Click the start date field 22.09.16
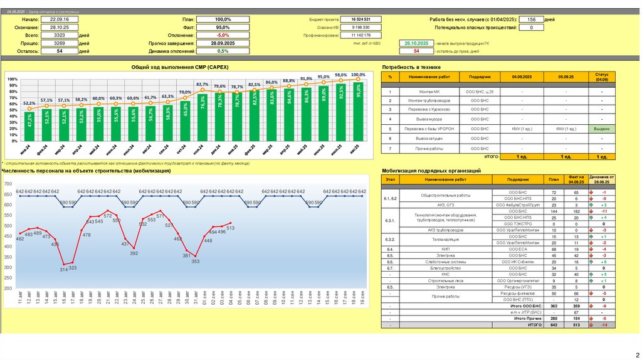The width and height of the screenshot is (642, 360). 58,19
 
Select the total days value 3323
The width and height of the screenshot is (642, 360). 58,35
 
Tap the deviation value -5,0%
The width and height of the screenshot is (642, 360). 223,35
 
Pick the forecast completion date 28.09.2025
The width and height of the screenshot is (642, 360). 223,43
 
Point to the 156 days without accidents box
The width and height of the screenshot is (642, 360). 530,19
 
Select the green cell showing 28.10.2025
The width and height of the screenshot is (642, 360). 416,43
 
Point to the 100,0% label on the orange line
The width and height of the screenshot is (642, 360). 358,75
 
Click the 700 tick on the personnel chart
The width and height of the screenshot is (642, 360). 8,184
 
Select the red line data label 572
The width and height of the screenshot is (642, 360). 108,216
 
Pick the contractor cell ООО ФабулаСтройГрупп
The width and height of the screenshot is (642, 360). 517,205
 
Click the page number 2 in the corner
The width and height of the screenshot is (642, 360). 636,354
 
